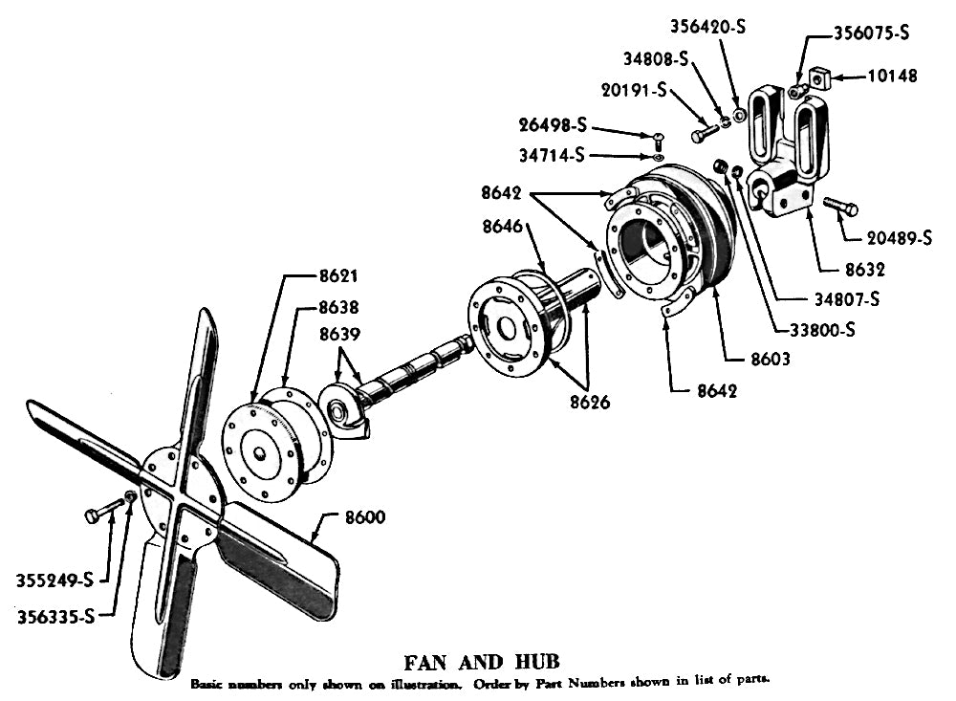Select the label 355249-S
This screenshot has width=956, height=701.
[54, 581]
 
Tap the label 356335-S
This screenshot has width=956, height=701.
[55, 616]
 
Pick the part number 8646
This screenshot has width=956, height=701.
[503, 227]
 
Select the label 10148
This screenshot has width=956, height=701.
[892, 76]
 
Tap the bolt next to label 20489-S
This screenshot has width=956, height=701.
[840, 207]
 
